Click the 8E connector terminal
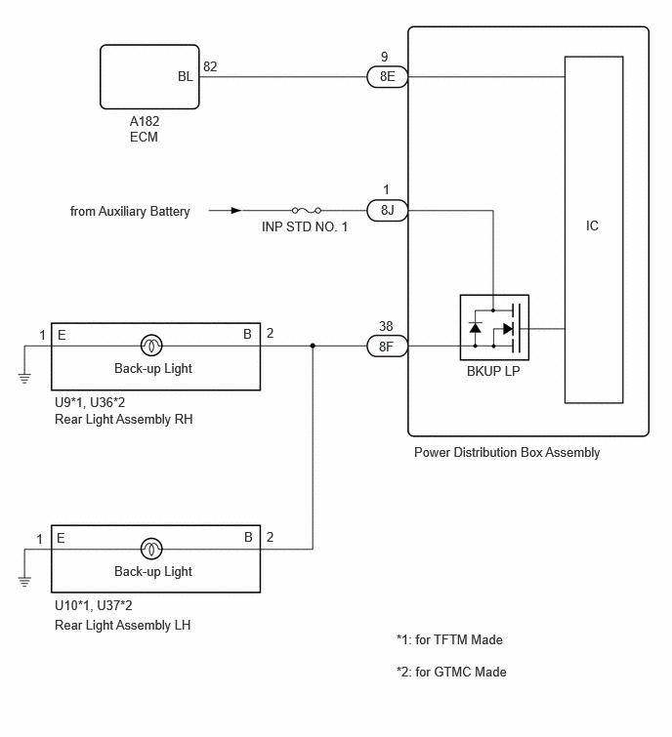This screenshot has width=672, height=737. click(387, 76)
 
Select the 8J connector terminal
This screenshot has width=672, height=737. click(387, 210)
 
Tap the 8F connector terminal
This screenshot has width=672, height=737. click(387, 347)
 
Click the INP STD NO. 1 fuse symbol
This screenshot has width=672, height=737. click(307, 210)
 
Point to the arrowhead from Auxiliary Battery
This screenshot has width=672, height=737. click(236, 210)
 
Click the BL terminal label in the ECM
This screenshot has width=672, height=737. click(186, 76)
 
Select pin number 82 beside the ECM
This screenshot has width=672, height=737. click(210, 66)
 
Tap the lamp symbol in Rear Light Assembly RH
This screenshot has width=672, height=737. click(151, 346)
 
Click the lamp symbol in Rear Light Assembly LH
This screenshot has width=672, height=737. click(151, 549)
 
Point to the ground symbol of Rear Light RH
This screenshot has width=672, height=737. click(24, 378)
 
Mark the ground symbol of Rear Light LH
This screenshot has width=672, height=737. click(24, 582)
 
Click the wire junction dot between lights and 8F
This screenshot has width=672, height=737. click(313, 346)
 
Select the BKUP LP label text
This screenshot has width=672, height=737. click(493, 371)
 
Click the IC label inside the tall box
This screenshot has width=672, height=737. click(592, 225)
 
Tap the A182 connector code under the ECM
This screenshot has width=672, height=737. click(145, 121)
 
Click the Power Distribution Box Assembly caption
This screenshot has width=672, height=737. click(507, 452)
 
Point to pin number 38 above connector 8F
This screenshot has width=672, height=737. click(386, 326)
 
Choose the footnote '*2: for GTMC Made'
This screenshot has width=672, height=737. click(451, 672)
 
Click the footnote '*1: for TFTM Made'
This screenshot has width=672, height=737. click(449, 639)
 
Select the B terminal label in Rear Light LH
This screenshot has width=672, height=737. click(248, 537)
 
